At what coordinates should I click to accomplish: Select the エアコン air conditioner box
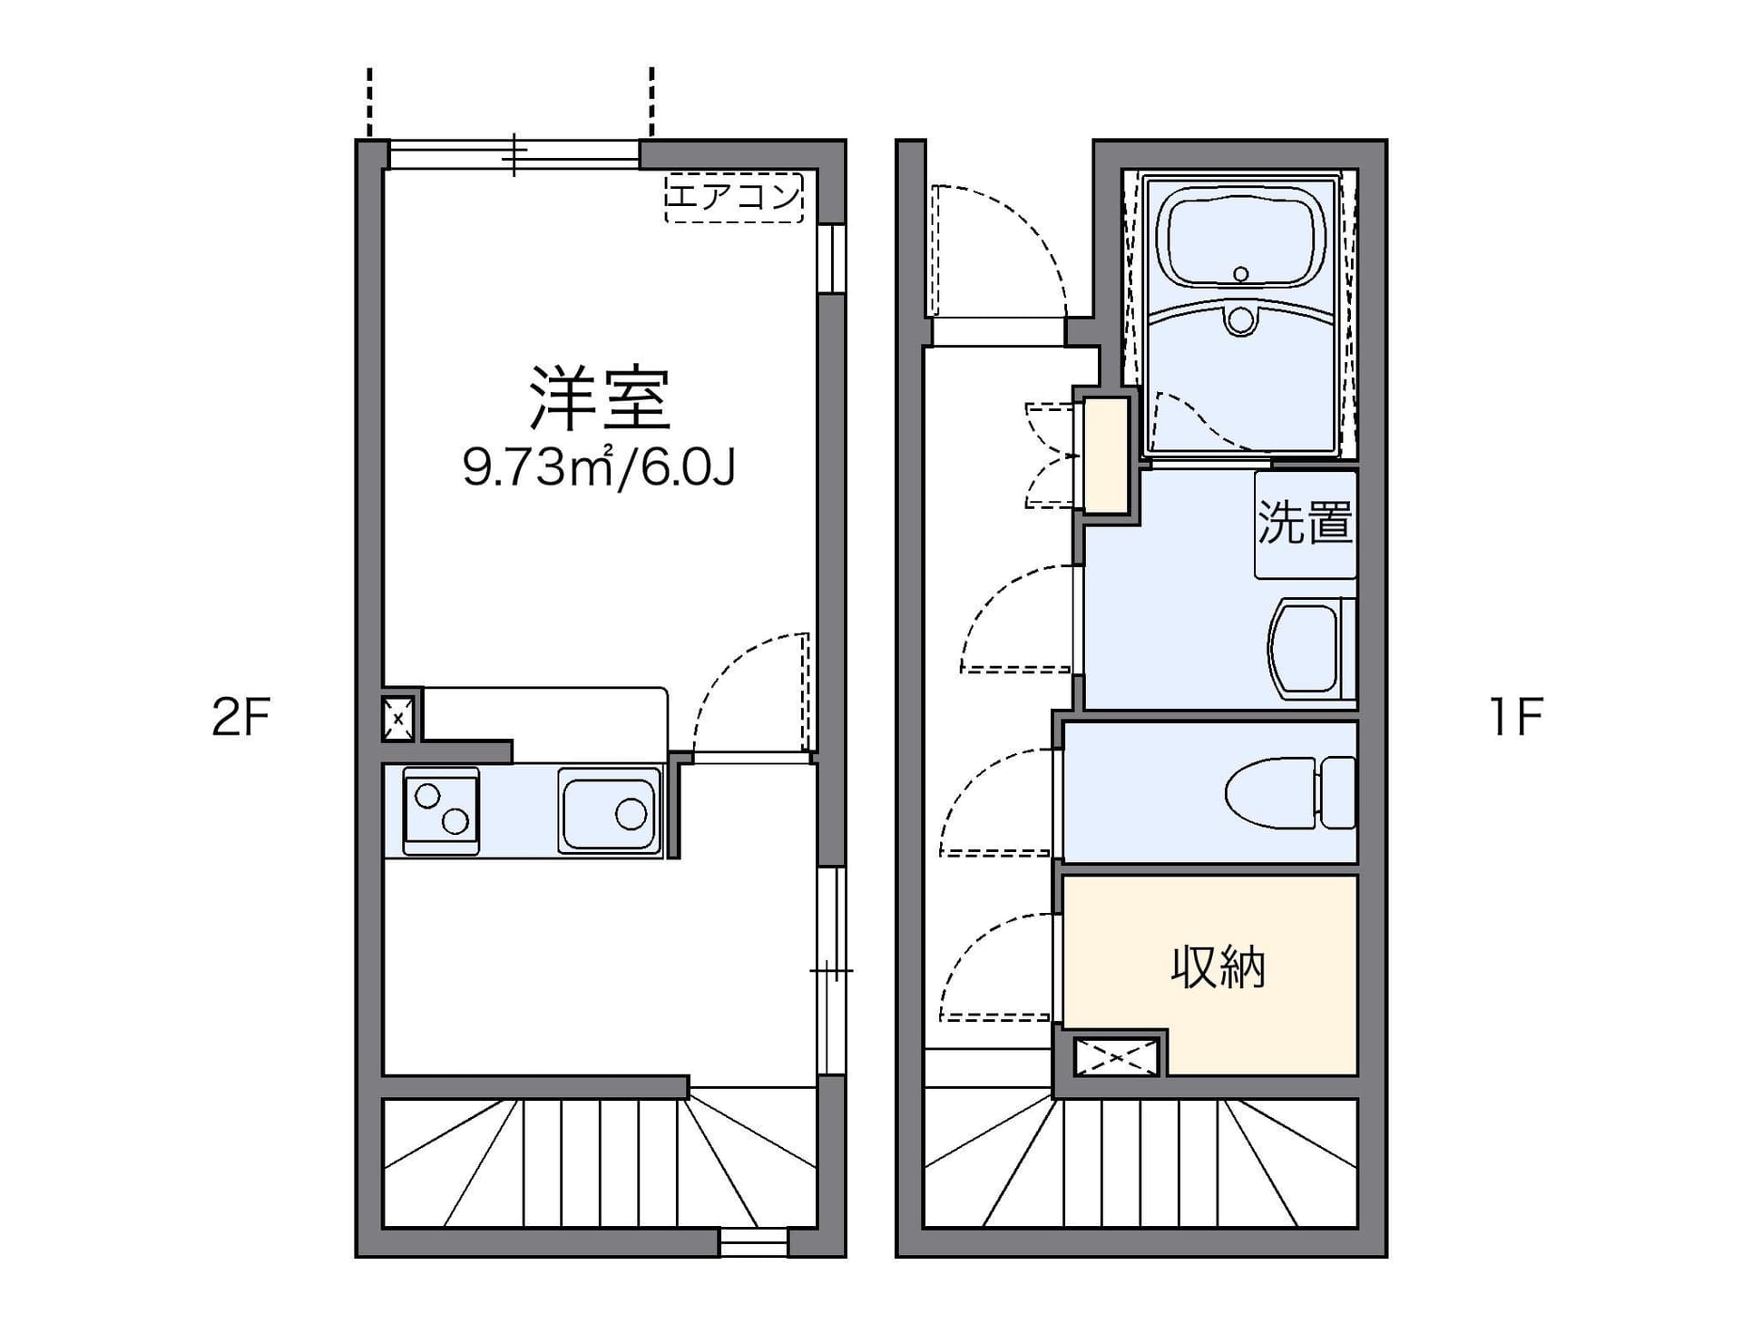coord(734,197)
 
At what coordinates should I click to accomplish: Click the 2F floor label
coord(241,717)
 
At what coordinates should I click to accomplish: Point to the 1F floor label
coord(1515,717)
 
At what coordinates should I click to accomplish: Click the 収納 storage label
coord(1218,967)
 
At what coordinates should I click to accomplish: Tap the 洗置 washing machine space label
coord(1305,523)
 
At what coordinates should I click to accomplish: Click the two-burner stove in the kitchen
coord(441,809)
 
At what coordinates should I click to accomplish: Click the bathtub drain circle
coord(1241,273)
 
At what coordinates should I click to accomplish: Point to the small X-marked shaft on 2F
coord(397,718)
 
